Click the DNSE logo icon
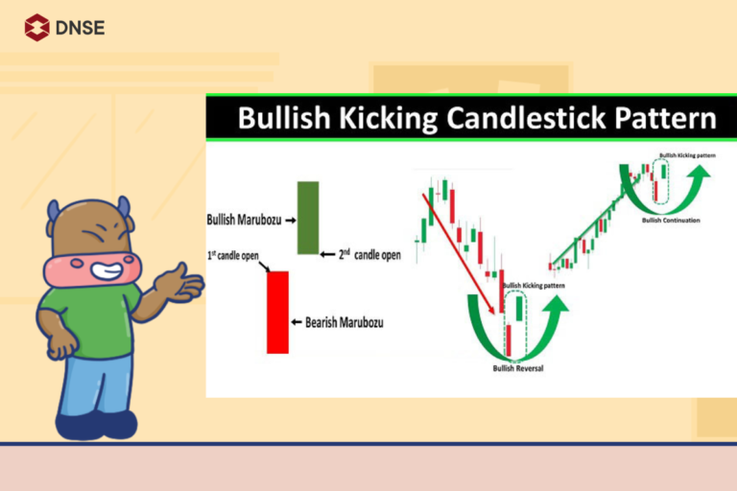(x=36, y=27)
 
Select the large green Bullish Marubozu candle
(x=307, y=218)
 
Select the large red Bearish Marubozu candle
(x=277, y=312)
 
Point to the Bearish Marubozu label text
(x=344, y=322)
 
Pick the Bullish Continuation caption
(x=670, y=221)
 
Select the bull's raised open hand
(x=182, y=283)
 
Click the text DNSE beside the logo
(x=81, y=27)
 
